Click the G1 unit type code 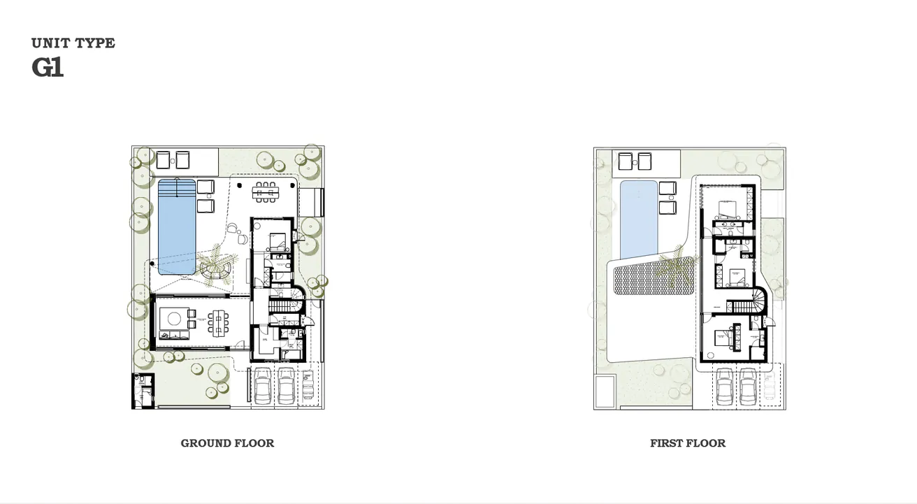click(48, 68)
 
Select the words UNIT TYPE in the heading click(73, 43)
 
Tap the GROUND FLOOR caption click(227, 443)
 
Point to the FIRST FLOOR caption click(688, 443)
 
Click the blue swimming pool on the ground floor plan click(176, 226)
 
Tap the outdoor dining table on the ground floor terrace click(266, 192)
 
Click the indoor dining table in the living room click(219, 322)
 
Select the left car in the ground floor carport click(263, 385)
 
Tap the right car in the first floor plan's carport click(749, 385)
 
